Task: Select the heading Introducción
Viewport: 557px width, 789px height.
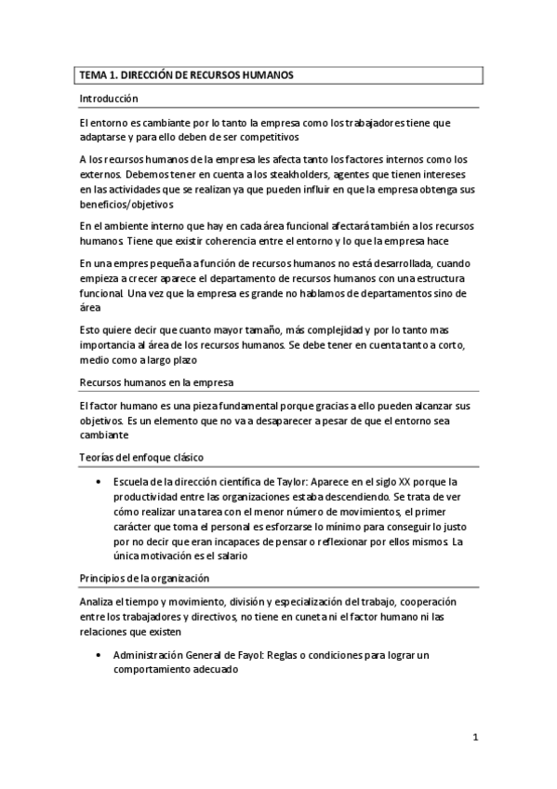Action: (108, 99)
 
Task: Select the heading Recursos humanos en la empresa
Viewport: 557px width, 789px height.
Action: (155, 382)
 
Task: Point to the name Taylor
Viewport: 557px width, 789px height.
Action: (279, 483)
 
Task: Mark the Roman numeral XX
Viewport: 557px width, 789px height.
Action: (405, 483)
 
